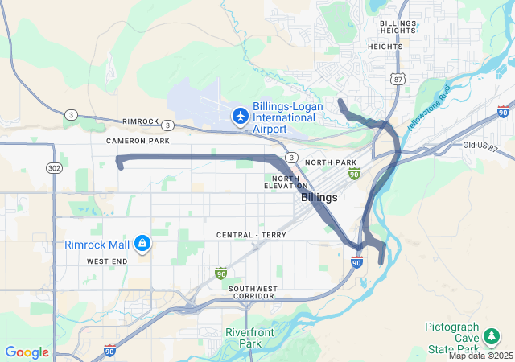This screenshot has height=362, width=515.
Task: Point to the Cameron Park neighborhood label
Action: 138,140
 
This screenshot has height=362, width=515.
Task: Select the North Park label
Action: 331,162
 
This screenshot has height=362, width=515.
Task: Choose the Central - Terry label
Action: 251,235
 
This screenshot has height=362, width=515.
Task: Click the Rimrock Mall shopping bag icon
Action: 142,242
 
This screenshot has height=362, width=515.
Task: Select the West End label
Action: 106,261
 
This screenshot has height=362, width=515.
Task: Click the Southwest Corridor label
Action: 252,293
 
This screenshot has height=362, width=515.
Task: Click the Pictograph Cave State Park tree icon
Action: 490,336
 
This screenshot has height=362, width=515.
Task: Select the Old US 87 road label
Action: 481,145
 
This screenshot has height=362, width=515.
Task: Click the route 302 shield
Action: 55,167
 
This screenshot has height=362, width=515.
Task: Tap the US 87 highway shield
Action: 396,78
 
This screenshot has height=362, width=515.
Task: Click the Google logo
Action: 27,352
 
